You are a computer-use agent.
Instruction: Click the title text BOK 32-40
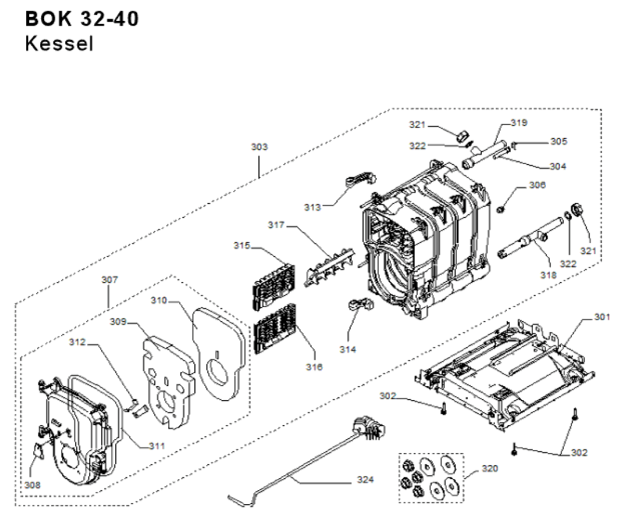click(81, 19)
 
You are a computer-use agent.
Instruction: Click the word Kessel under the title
click(59, 44)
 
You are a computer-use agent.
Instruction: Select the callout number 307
click(109, 280)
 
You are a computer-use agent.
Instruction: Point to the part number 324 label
click(365, 480)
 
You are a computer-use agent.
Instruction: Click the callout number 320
click(491, 468)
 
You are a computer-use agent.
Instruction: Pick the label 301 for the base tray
click(602, 317)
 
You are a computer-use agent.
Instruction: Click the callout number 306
click(537, 185)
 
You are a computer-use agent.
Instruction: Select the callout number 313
click(312, 207)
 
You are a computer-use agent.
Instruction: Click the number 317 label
click(276, 225)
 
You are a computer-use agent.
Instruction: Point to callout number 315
click(242, 245)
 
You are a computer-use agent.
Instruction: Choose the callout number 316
click(315, 367)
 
